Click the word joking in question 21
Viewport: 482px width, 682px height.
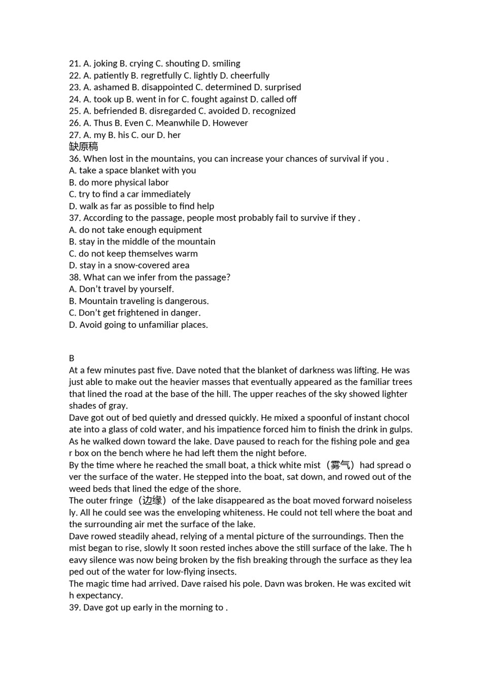(x=105, y=63)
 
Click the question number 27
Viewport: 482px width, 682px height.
(x=75, y=135)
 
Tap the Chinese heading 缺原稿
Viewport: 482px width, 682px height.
(x=83, y=147)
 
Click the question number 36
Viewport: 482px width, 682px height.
(x=75, y=159)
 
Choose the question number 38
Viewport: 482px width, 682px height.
(x=75, y=278)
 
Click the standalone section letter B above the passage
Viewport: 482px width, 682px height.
(x=72, y=358)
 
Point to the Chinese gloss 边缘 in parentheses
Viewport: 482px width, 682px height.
(x=152, y=501)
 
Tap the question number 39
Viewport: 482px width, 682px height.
(x=75, y=608)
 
